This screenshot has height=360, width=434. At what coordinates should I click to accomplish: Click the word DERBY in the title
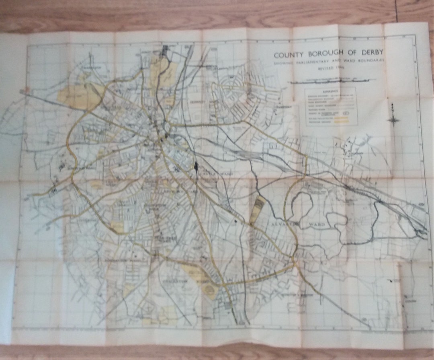click(369, 53)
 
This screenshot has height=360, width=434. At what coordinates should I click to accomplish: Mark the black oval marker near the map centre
click(196, 166)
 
